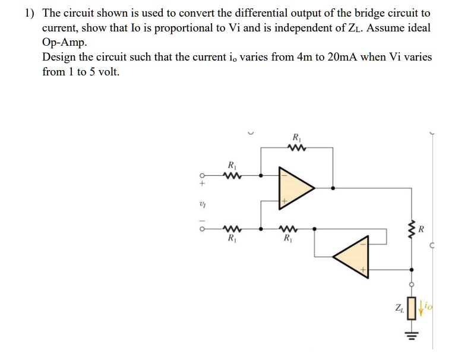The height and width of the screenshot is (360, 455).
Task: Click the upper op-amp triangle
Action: [293, 188]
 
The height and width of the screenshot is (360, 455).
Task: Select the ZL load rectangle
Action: [412, 308]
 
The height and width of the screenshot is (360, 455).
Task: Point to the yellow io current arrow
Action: [421, 308]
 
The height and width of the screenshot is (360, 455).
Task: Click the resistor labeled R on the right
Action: [412, 229]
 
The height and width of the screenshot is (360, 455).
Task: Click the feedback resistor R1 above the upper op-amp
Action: [296, 147]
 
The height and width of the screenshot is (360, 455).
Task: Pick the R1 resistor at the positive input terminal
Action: [232, 175]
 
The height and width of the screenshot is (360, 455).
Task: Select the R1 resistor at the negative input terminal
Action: [232, 229]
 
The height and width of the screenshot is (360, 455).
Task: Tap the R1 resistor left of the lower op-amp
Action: [288, 229]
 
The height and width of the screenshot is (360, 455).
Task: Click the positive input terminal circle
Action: [203, 175]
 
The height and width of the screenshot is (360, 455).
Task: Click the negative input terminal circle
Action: [203, 229]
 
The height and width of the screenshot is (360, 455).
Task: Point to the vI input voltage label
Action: [203, 205]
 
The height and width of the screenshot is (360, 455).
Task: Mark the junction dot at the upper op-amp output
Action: [333, 188]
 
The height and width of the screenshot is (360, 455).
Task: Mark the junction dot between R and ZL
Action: [412, 270]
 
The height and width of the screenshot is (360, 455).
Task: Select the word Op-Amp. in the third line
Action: [64, 43]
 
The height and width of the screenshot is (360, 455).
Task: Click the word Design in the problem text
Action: [59, 58]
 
